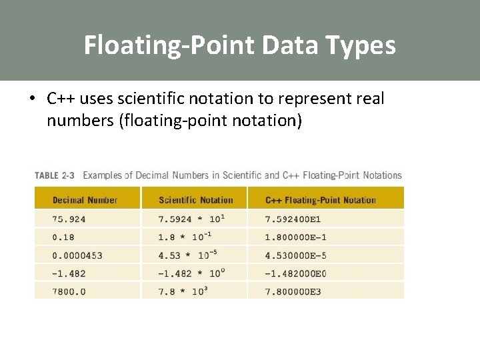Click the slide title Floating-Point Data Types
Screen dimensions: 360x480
point(239,45)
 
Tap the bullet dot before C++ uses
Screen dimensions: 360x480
point(32,99)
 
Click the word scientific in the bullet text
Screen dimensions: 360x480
point(149,99)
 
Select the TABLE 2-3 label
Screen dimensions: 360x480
point(55,175)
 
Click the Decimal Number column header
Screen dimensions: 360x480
point(85,200)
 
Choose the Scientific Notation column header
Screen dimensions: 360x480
point(196,200)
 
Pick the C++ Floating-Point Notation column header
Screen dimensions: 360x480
point(321,200)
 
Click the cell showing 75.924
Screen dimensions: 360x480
point(69,219)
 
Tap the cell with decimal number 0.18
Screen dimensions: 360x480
point(64,237)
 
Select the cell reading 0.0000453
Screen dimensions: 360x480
point(77,255)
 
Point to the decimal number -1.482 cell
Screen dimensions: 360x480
point(69,273)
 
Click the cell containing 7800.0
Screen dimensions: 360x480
point(69,291)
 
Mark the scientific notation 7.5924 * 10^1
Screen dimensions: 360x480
point(192,218)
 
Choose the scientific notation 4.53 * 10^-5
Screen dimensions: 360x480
point(189,255)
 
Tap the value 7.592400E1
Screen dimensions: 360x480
point(293,219)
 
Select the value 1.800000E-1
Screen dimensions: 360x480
point(296,237)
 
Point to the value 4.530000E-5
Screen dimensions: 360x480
point(296,255)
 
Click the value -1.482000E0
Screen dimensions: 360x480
point(296,273)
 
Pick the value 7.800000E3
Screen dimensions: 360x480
point(293,291)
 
